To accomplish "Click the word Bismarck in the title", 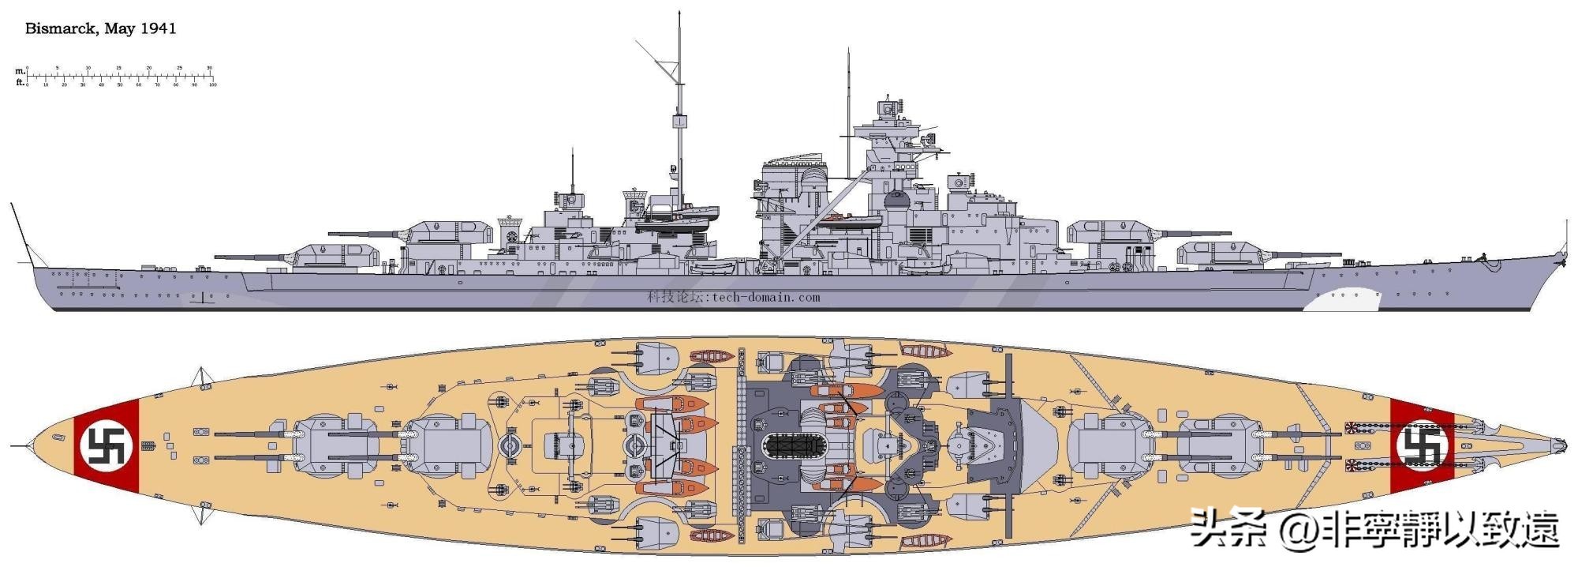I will (61, 29).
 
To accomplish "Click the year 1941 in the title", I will (158, 29).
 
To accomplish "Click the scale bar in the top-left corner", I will (118, 77).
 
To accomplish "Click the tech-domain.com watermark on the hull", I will (734, 298).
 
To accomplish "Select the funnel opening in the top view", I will (791, 448).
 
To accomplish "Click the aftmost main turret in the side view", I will (335, 254).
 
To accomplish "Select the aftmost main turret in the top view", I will (323, 447).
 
